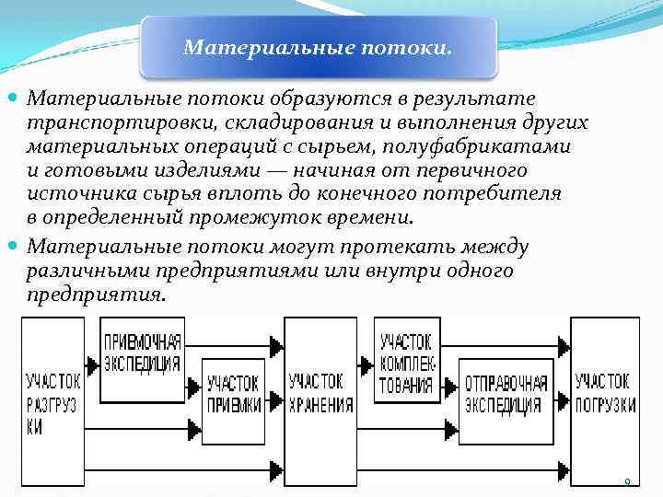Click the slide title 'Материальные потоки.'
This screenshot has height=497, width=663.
click(318, 46)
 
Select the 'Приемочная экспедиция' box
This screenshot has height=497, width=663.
click(142, 354)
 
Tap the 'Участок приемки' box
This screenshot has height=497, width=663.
click(233, 396)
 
